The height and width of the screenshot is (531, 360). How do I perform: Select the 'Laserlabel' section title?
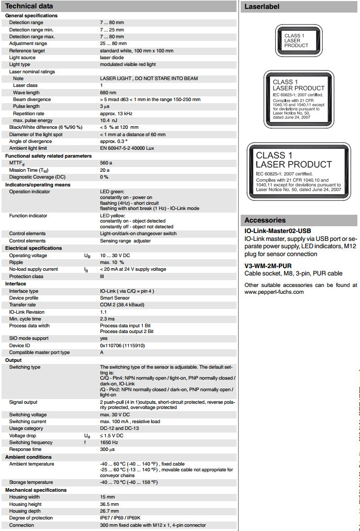coord(262,7)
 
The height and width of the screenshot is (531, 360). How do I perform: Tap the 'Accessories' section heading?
coord(265,220)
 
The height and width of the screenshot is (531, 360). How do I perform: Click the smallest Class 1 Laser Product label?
coord(297,41)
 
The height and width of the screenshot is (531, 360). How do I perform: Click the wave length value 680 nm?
coord(108,92)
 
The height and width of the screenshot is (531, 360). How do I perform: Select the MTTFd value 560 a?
coord(106,163)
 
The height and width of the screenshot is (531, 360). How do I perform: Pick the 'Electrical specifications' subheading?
coord(33,248)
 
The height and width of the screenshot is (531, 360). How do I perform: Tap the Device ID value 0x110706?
coord(122,345)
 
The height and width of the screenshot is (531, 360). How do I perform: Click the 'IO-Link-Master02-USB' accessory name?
coord(277,231)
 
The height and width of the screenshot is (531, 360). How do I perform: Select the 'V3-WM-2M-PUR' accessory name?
coord(268,265)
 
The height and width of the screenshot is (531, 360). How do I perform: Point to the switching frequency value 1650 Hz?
coord(110,442)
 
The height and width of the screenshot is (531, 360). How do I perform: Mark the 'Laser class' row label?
coord(25,85)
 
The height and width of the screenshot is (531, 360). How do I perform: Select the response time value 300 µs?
coord(107,449)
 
